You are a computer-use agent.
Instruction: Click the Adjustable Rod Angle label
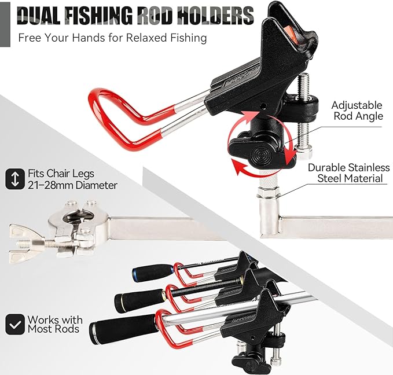pyautogui.click(x=357, y=111)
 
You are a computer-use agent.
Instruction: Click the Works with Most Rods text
pyautogui.click(x=55, y=324)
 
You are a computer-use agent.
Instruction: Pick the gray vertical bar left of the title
pyautogui.click(x=5, y=24)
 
